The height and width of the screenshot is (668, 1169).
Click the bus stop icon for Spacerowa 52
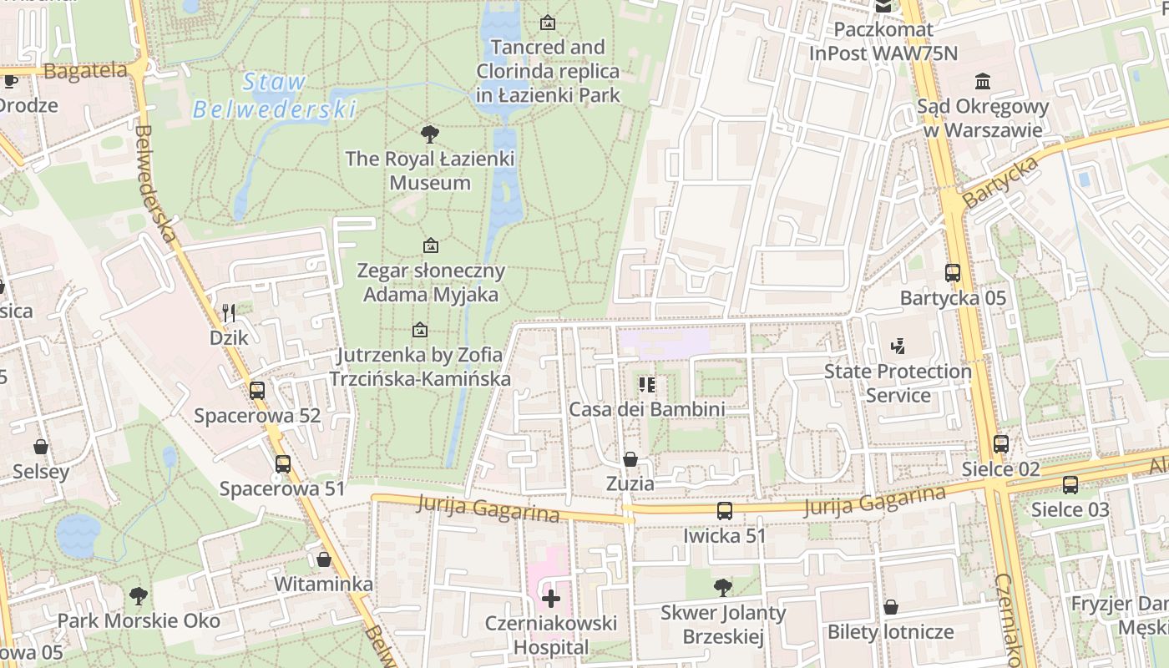(x=257, y=390)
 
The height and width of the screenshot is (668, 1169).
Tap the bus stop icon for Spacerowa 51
(x=283, y=463)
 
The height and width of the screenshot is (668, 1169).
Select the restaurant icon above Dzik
(x=229, y=313)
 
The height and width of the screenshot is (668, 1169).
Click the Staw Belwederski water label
(x=274, y=95)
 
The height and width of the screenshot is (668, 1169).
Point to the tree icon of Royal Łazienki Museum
(x=430, y=134)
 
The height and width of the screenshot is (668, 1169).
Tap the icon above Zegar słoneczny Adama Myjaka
(x=431, y=245)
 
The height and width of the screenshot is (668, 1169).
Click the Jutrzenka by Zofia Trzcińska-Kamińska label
(x=420, y=367)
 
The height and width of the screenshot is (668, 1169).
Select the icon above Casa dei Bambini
(x=646, y=384)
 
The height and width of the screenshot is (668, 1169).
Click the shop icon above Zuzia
(x=630, y=459)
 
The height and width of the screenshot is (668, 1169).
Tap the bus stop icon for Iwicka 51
(x=725, y=511)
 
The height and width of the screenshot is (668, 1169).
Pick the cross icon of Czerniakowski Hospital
(x=551, y=598)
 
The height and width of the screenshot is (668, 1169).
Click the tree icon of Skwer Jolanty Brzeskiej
(x=723, y=588)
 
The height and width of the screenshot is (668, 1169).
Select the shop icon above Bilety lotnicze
(x=891, y=607)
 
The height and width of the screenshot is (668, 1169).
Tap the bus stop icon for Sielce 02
(x=1001, y=444)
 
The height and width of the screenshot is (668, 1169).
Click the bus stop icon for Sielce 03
(x=1070, y=484)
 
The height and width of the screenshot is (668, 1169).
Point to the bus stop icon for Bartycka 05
(x=953, y=272)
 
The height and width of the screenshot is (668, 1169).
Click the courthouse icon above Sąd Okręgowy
(x=983, y=82)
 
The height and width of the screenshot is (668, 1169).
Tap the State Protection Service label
(x=898, y=382)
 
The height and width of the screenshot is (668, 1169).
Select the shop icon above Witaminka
(x=324, y=559)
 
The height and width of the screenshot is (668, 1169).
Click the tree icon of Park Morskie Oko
(x=139, y=595)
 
